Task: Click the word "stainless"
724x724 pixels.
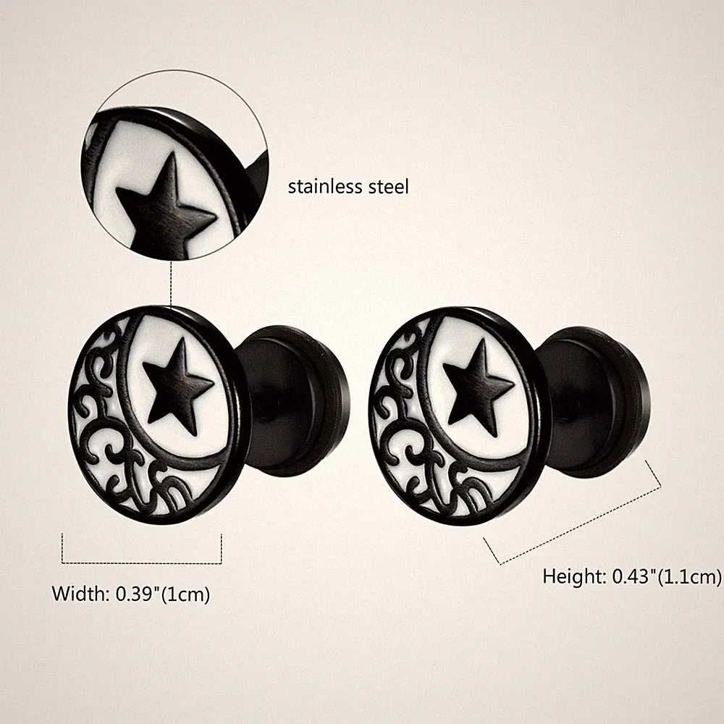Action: coord(325,187)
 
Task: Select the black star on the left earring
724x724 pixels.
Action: coord(177,386)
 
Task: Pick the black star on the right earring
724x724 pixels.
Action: coord(478,387)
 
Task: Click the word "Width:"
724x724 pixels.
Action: coord(80,594)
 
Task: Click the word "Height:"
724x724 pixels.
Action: coord(574,576)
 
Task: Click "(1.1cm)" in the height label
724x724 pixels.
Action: coord(689,577)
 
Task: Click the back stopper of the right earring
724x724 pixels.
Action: coord(596,401)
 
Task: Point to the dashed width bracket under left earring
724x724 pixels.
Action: coord(142,563)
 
